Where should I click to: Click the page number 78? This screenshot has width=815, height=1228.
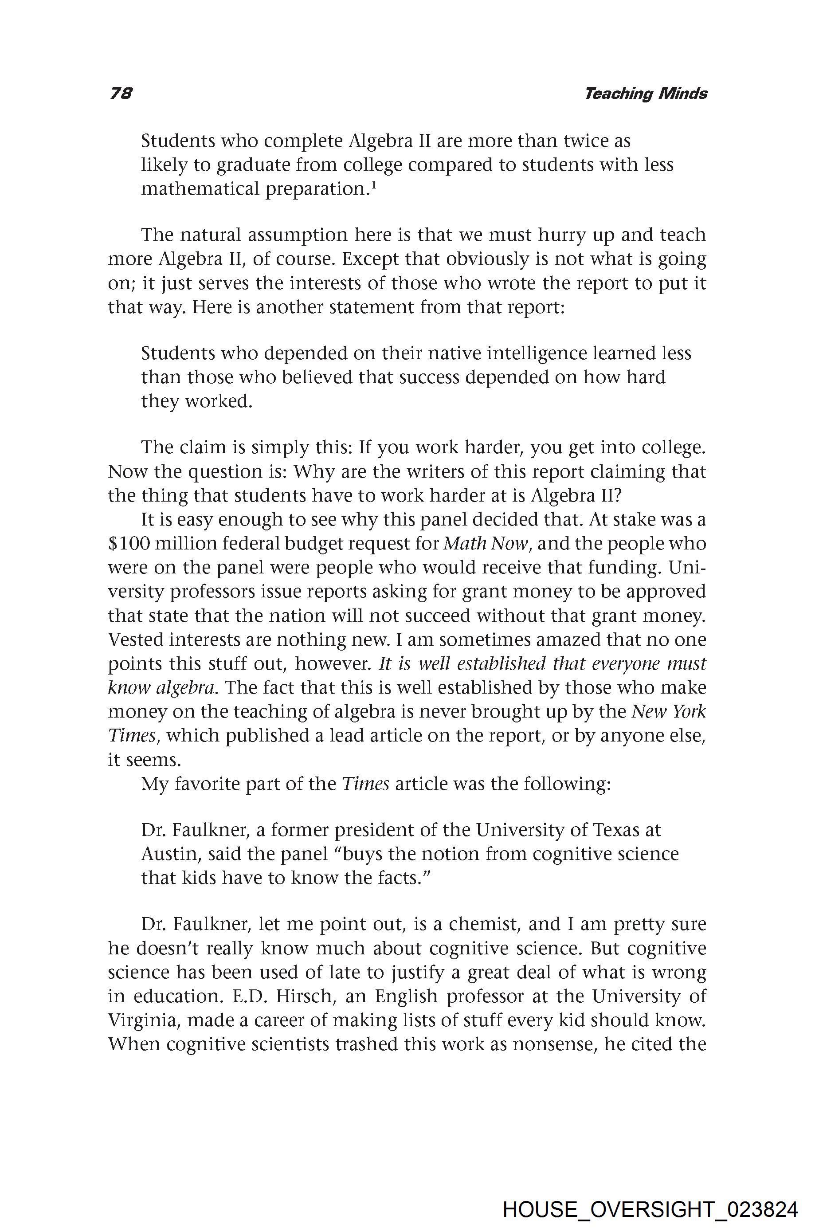pos(121,93)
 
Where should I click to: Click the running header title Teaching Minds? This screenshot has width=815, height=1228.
pos(646,94)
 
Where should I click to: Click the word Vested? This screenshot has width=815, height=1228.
pos(136,640)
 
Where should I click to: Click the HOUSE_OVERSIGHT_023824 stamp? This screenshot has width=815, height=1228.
pos(650,1195)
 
